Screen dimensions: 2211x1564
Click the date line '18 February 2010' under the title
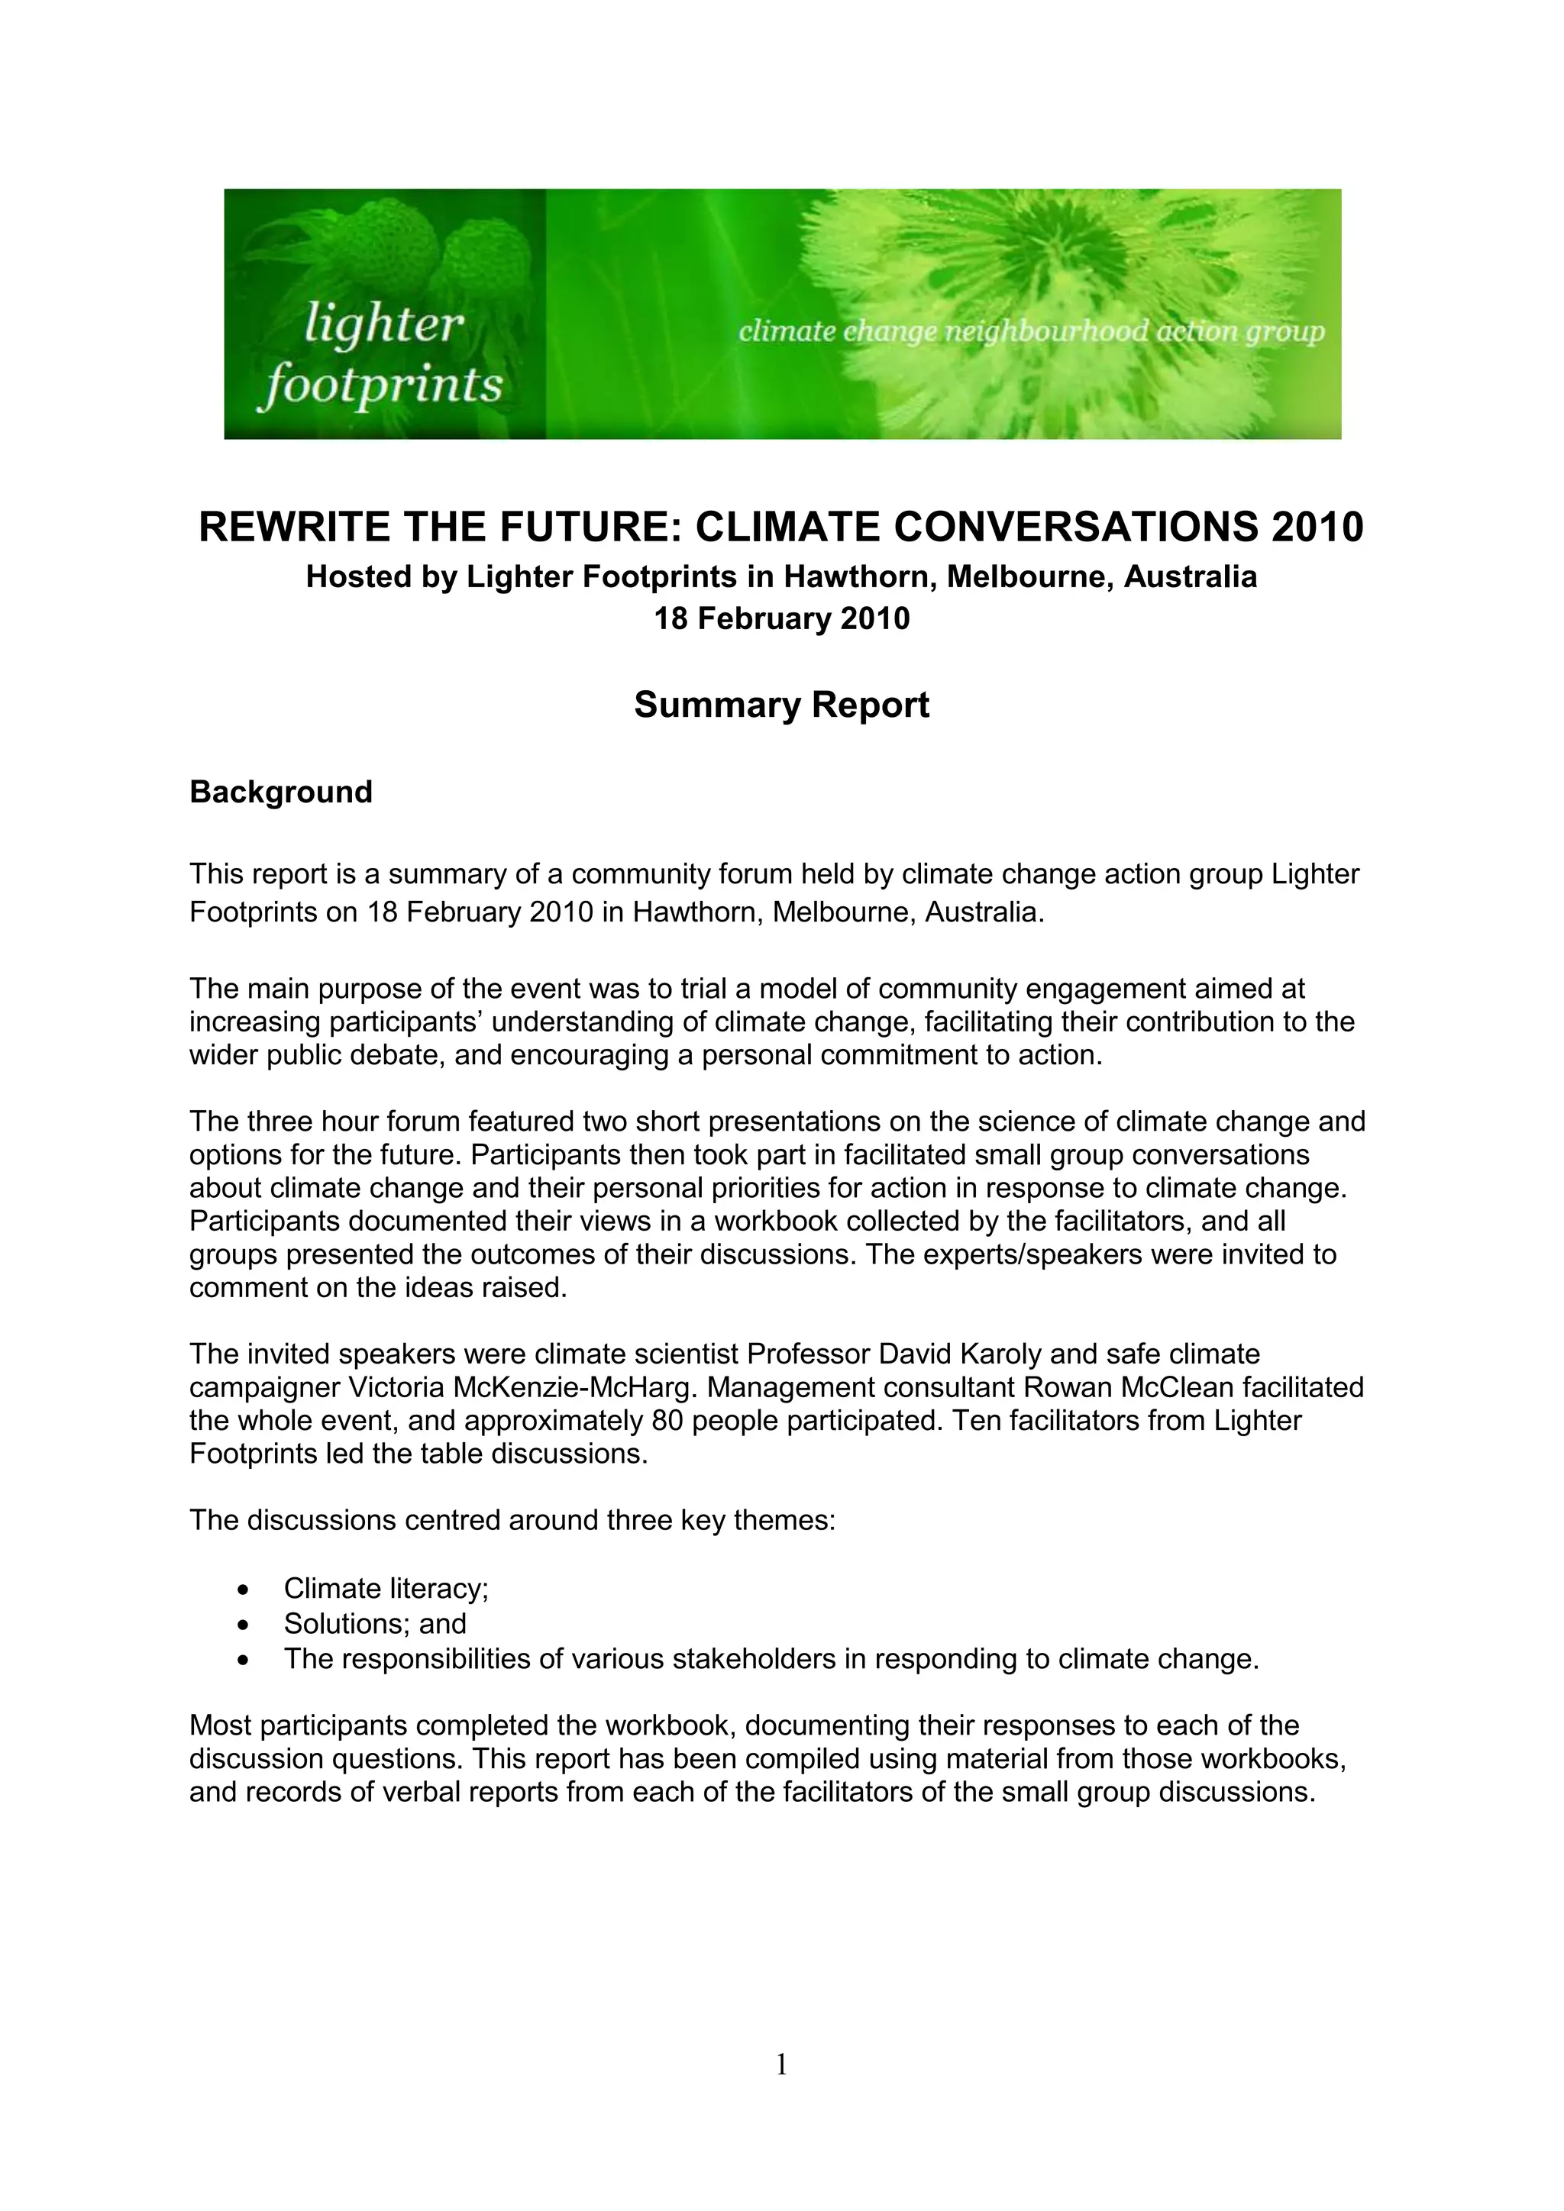pos(781,618)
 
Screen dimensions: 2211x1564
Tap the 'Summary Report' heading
pos(781,705)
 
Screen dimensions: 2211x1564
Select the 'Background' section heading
pos(280,792)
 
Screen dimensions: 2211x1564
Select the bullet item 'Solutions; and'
pos(375,1624)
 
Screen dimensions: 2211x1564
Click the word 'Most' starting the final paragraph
pos(221,1725)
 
